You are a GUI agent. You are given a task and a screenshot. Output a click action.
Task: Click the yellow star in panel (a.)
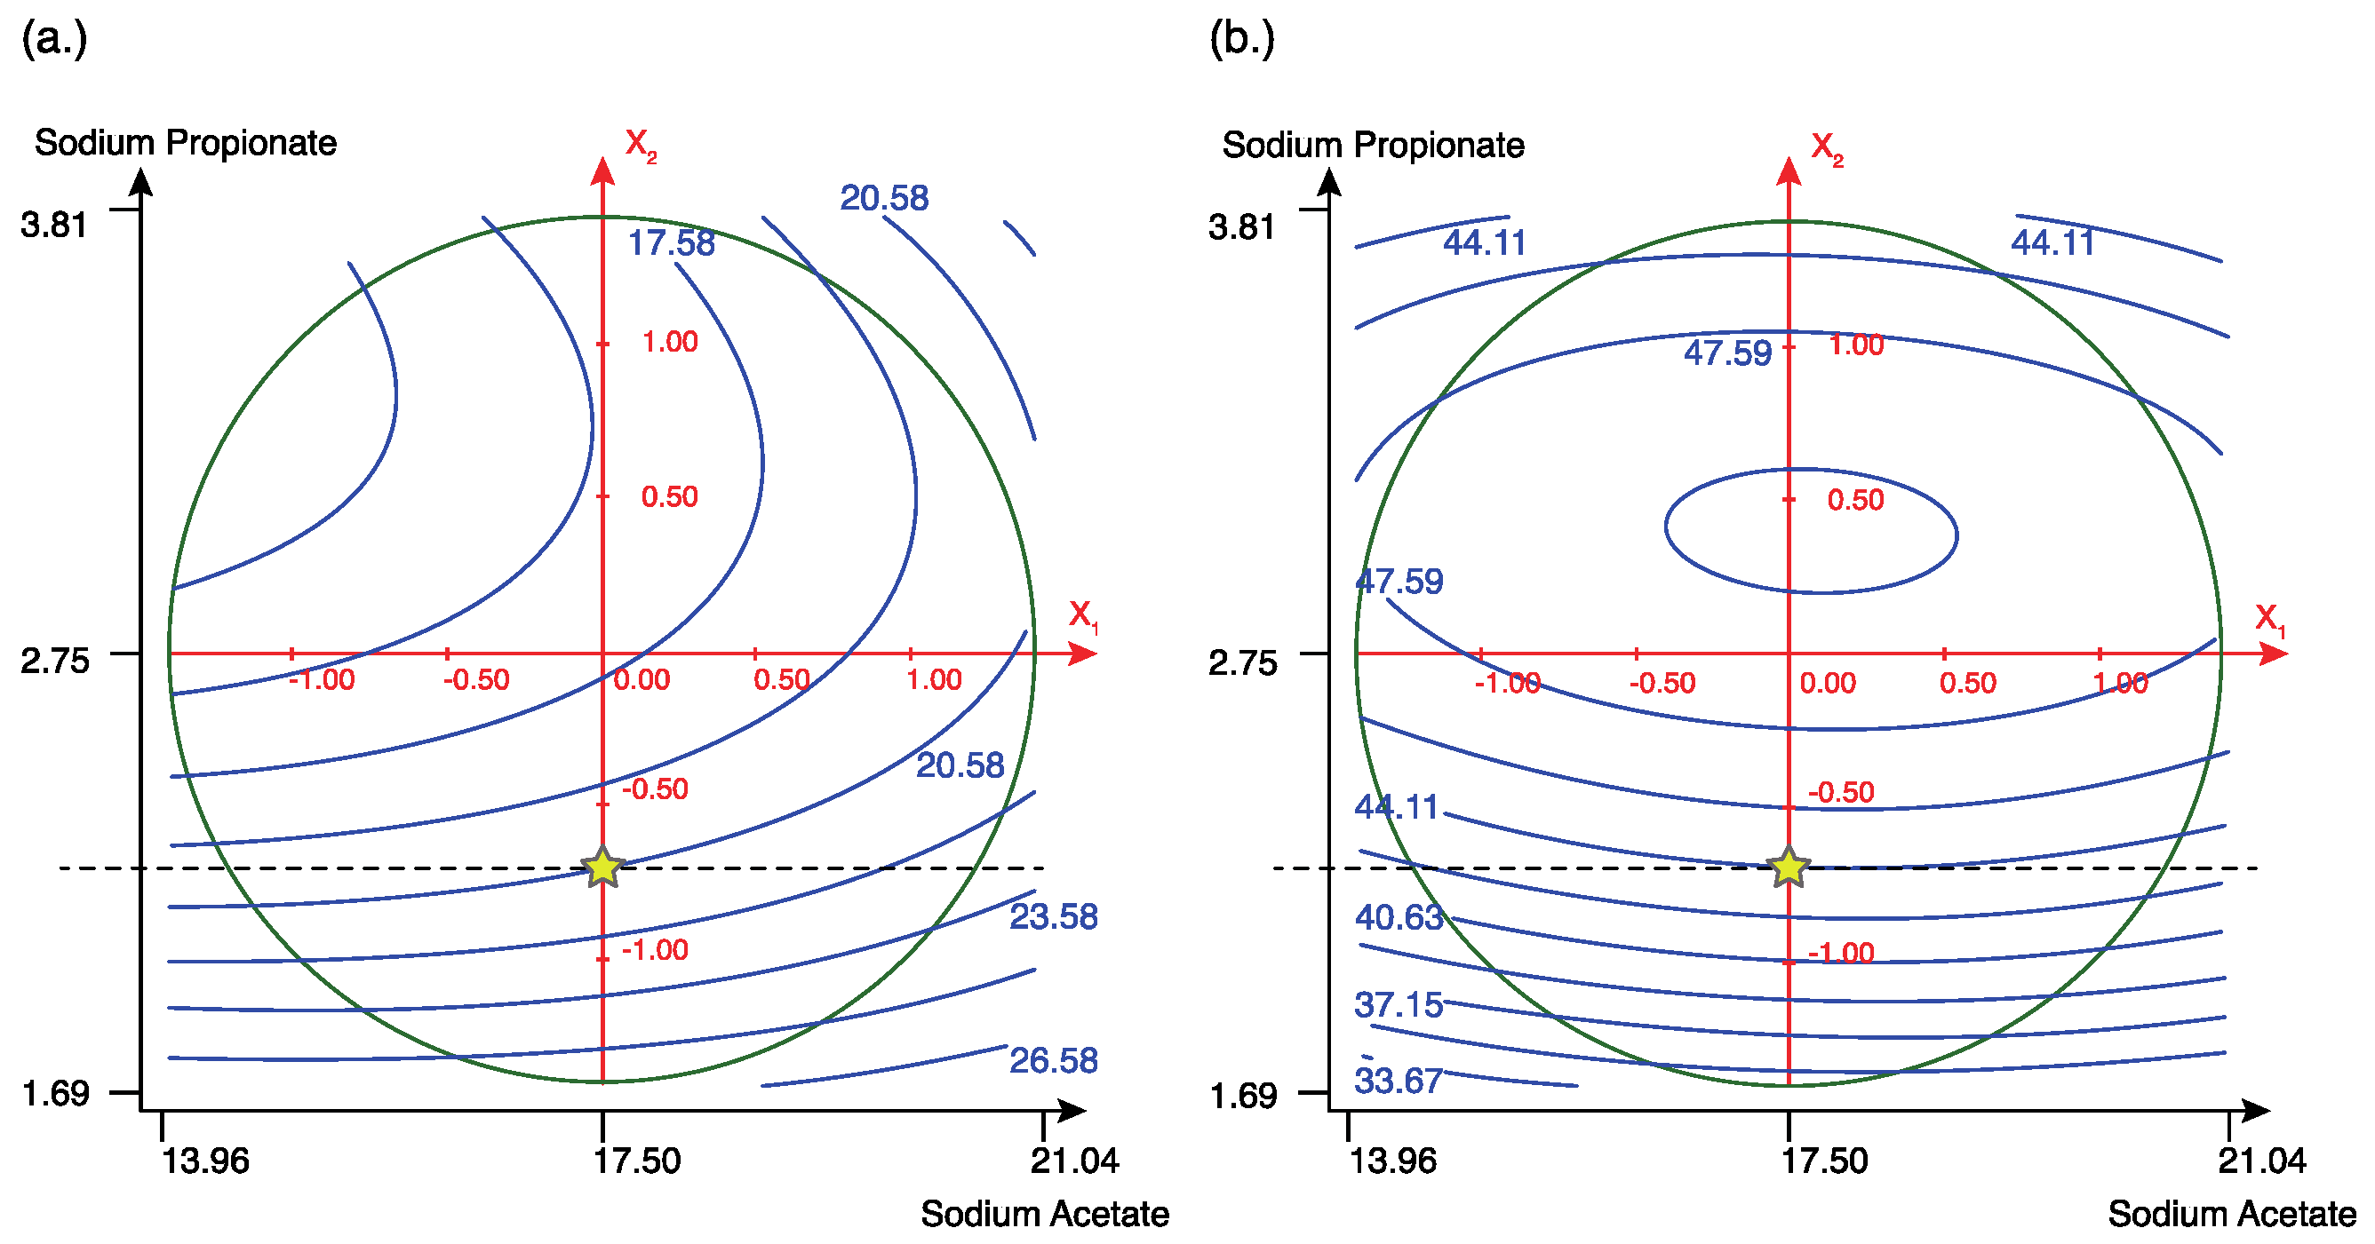click(x=603, y=868)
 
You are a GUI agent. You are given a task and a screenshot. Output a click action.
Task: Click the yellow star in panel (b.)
click(x=1789, y=868)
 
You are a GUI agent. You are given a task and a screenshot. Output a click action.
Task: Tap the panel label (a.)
click(x=54, y=39)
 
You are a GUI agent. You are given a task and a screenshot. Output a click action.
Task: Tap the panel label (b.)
click(x=1242, y=39)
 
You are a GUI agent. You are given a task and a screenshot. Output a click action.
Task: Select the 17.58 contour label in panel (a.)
click(x=671, y=243)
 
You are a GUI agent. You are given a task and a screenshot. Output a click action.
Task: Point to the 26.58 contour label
click(x=1054, y=1060)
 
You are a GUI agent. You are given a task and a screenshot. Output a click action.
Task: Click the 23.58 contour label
click(x=1054, y=917)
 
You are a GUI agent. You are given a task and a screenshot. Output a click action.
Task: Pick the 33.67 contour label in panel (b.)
click(x=1399, y=1081)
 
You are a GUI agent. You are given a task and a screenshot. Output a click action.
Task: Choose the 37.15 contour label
click(x=1399, y=1004)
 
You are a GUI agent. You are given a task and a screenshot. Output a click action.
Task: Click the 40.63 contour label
click(x=1399, y=918)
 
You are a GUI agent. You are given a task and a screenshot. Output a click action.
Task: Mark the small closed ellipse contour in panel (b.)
click(x=1812, y=471)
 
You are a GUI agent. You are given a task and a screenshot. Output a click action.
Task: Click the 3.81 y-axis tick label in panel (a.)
click(x=54, y=225)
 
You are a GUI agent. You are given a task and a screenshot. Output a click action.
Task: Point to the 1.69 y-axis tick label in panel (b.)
click(x=1243, y=1096)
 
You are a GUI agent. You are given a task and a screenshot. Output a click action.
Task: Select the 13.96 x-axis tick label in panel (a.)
click(x=205, y=1161)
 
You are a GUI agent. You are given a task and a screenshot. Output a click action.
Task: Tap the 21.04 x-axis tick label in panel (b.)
click(x=2261, y=1161)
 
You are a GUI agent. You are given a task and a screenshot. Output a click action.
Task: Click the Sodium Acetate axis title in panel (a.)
click(x=1045, y=1215)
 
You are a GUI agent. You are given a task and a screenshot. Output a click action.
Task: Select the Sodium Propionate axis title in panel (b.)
click(x=1373, y=146)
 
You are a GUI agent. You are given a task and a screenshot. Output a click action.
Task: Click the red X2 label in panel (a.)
click(x=640, y=145)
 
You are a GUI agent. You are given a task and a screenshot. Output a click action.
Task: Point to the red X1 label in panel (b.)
click(x=2269, y=619)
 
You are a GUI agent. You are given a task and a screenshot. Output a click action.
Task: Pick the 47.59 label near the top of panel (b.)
click(x=1728, y=353)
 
